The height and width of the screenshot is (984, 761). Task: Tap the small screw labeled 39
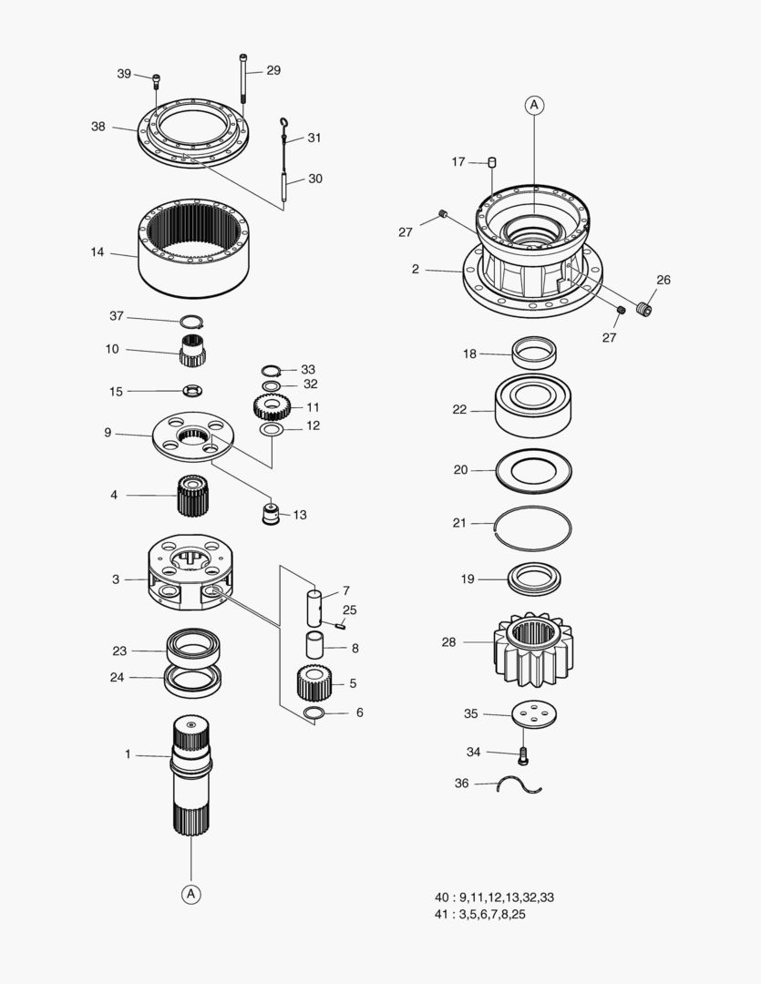point(156,79)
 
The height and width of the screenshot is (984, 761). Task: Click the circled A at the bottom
point(191,894)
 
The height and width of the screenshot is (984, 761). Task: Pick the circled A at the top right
point(534,106)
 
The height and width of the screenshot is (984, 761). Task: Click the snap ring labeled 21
point(533,528)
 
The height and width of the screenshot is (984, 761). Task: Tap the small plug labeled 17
point(492,162)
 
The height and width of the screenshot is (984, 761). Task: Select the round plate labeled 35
point(535,715)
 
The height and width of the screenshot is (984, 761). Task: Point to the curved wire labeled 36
point(519,784)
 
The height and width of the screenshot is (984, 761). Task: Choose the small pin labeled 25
point(339,625)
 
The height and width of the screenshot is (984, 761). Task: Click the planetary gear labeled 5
point(312,682)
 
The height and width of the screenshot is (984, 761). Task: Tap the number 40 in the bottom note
point(443,897)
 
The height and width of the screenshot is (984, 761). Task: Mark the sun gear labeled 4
point(192,497)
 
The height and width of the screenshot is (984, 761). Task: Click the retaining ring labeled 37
point(191,322)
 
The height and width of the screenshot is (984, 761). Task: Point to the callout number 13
point(300,515)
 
